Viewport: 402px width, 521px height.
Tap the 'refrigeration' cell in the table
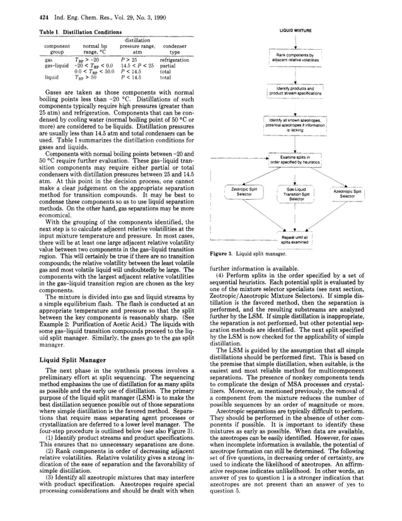[174, 60]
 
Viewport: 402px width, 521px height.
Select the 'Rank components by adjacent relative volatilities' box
[295, 59]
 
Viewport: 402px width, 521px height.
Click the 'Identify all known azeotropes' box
[295, 123]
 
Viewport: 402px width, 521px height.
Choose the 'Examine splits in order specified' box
[295, 158]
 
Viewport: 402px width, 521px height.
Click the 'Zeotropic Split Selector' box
[244, 193]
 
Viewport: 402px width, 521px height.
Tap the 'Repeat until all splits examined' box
[295, 239]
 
